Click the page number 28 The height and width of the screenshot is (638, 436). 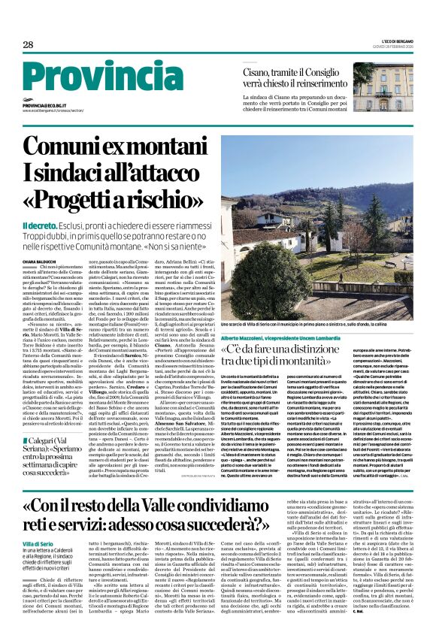28,44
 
